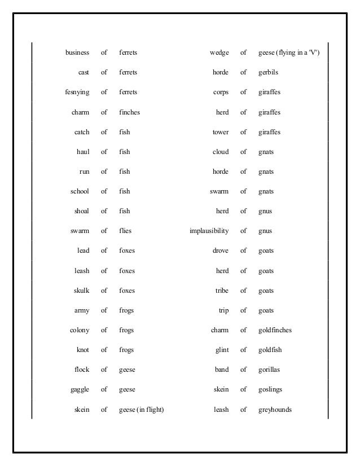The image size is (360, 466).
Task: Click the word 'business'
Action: click(x=77, y=53)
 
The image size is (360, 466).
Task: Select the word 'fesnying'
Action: click(x=77, y=93)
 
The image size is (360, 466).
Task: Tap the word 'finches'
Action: click(x=129, y=112)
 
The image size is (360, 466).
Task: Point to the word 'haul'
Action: click(x=83, y=152)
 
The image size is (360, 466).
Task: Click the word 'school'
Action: click(x=80, y=191)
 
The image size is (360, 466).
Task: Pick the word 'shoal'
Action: click(x=81, y=211)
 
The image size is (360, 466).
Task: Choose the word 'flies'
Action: click(x=125, y=231)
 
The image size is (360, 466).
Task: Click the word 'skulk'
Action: click(x=81, y=291)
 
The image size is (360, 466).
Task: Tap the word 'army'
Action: click(x=82, y=310)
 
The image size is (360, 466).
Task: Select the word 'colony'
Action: click(x=80, y=330)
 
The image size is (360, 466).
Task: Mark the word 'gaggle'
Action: click(x=80, y=389)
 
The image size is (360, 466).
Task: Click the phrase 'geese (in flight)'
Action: click(x=141, y=410)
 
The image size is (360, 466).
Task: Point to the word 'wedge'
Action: click(x=219, y=53)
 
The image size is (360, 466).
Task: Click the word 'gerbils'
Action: click(x=268, y=73)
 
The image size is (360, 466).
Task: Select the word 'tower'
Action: click(x=221, y=132)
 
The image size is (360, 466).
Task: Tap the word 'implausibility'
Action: click(x=209, y=231)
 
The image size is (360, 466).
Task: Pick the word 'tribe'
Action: click(x=222, y=291)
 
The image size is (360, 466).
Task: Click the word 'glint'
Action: click(x=222, y=350)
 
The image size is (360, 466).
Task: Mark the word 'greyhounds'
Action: click(x=275, y=410)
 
